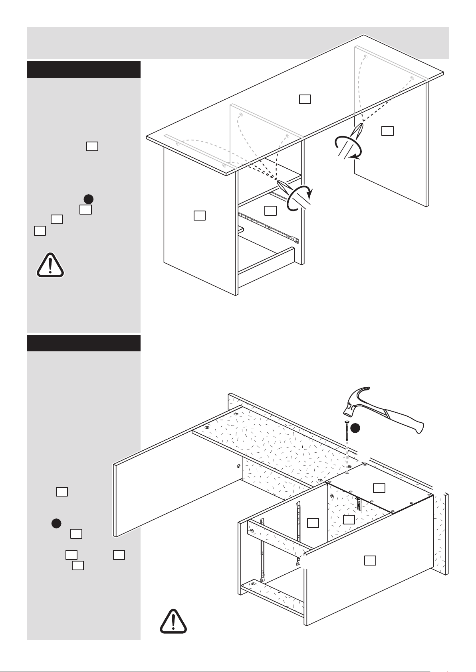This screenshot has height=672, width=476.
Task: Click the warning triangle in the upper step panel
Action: pos(50,265)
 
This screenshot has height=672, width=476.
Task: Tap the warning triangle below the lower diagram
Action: pos(173,621)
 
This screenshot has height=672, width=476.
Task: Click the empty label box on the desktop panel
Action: pos(305,99)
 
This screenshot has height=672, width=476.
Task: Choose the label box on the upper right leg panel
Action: pos(387,131)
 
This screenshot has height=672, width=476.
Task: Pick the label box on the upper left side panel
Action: pos(199,215)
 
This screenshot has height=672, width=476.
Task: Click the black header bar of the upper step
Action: pos(83,69)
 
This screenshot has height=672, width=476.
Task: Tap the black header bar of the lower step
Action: pos(83,343)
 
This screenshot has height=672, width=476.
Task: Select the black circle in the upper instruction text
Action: pos(88,199)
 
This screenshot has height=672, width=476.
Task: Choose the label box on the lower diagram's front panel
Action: pos(370,560)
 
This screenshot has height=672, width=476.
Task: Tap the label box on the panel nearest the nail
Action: pos(379,487)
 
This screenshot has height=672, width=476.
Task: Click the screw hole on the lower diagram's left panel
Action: pos(238,465)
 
